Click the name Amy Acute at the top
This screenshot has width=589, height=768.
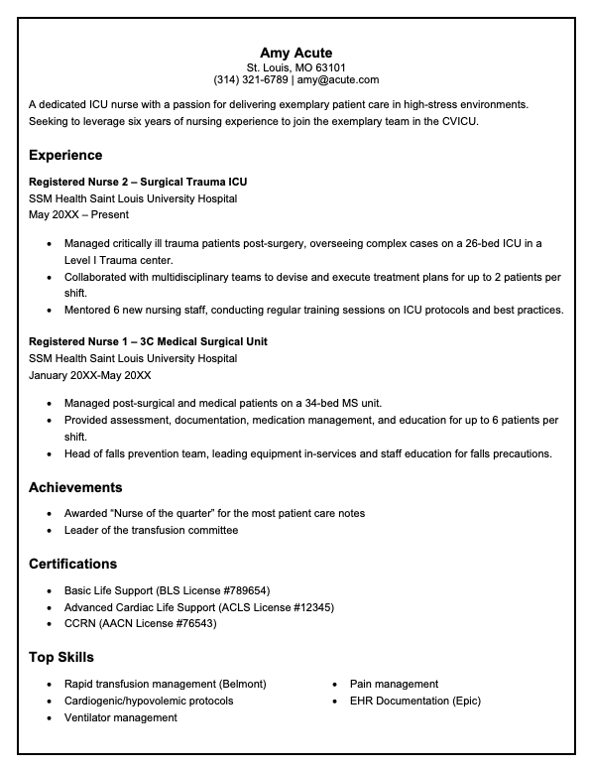point(295,52)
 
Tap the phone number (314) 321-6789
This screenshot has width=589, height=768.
point(251,79)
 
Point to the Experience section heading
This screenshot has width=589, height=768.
point(65,155)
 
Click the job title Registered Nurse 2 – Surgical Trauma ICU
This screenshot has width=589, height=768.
point(138,182)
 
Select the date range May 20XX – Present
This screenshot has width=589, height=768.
point(78,214)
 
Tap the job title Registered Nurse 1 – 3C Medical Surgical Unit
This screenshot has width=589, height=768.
point(148,341)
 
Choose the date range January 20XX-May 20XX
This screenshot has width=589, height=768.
point(90,375)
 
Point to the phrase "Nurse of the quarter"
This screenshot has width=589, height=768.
point(163,513)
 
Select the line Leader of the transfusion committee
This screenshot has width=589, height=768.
point(151,530)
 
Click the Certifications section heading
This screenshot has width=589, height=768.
point(72,564)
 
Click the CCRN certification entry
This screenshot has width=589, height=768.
point(140,623)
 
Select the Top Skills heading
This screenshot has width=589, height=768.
point(61,657)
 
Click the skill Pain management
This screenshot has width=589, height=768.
point(394,684)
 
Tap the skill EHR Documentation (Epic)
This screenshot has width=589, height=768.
point(414,701)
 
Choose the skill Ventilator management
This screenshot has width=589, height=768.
point(121,717)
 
